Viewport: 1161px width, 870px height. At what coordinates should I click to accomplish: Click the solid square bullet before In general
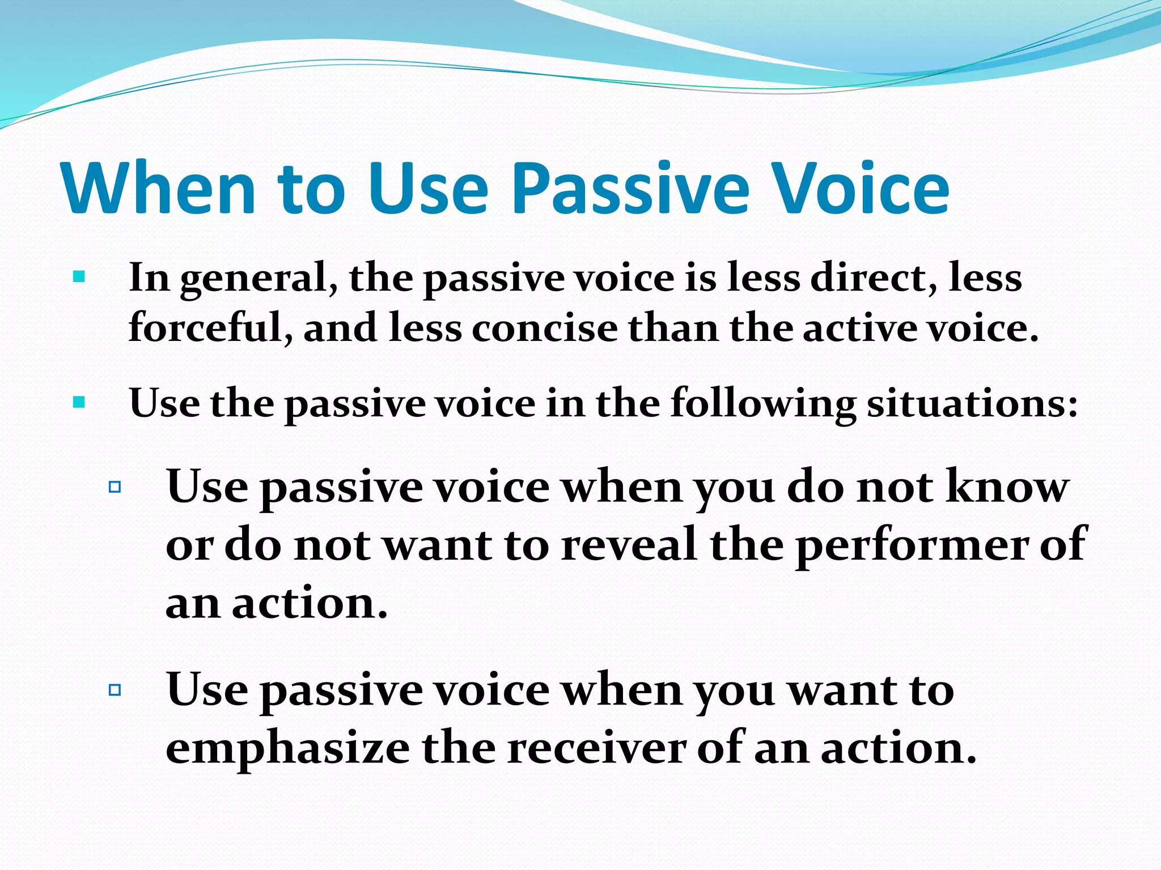(79, 278)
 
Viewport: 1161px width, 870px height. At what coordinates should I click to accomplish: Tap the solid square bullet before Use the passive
(79, 403)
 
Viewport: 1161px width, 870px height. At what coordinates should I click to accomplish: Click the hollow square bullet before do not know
(115, 487)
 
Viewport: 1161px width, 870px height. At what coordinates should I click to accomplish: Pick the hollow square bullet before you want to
(115, 690)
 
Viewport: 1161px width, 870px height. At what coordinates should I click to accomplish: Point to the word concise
(545, 329)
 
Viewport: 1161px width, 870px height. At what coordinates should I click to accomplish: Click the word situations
(972, 404)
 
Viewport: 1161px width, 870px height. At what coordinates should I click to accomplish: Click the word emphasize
(288, 749)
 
